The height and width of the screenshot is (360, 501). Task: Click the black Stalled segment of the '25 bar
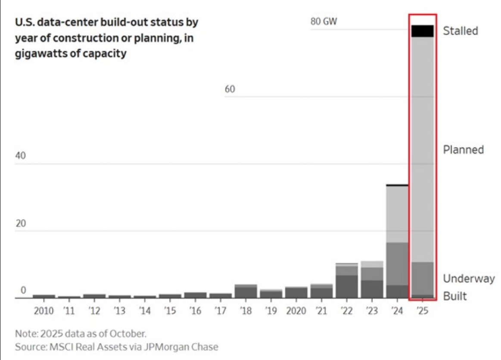[x=423, y=31]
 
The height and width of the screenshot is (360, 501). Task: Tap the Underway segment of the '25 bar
[x=423, y=278]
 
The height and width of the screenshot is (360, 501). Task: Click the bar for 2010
[x=44, y=296]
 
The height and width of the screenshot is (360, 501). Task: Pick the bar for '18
[x=246, y=291]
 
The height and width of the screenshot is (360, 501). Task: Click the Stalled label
[x=461, y=31]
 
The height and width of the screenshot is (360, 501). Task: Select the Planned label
[x=464, y=150]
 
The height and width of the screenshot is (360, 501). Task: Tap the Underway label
[x=469, y=279]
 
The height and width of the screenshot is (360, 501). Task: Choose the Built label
[x=455, y=297]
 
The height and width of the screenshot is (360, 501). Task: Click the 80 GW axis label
[x=324, y=21]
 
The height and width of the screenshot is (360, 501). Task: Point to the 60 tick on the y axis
[x=230, y=89]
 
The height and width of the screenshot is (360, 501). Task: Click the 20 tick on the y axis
[x=20, y=224]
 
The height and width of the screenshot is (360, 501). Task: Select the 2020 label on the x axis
[x=296, y=311]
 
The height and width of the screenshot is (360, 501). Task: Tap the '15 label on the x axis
[x=170, y=311]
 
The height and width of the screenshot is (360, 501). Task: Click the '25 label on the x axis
[x=423, y=311]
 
